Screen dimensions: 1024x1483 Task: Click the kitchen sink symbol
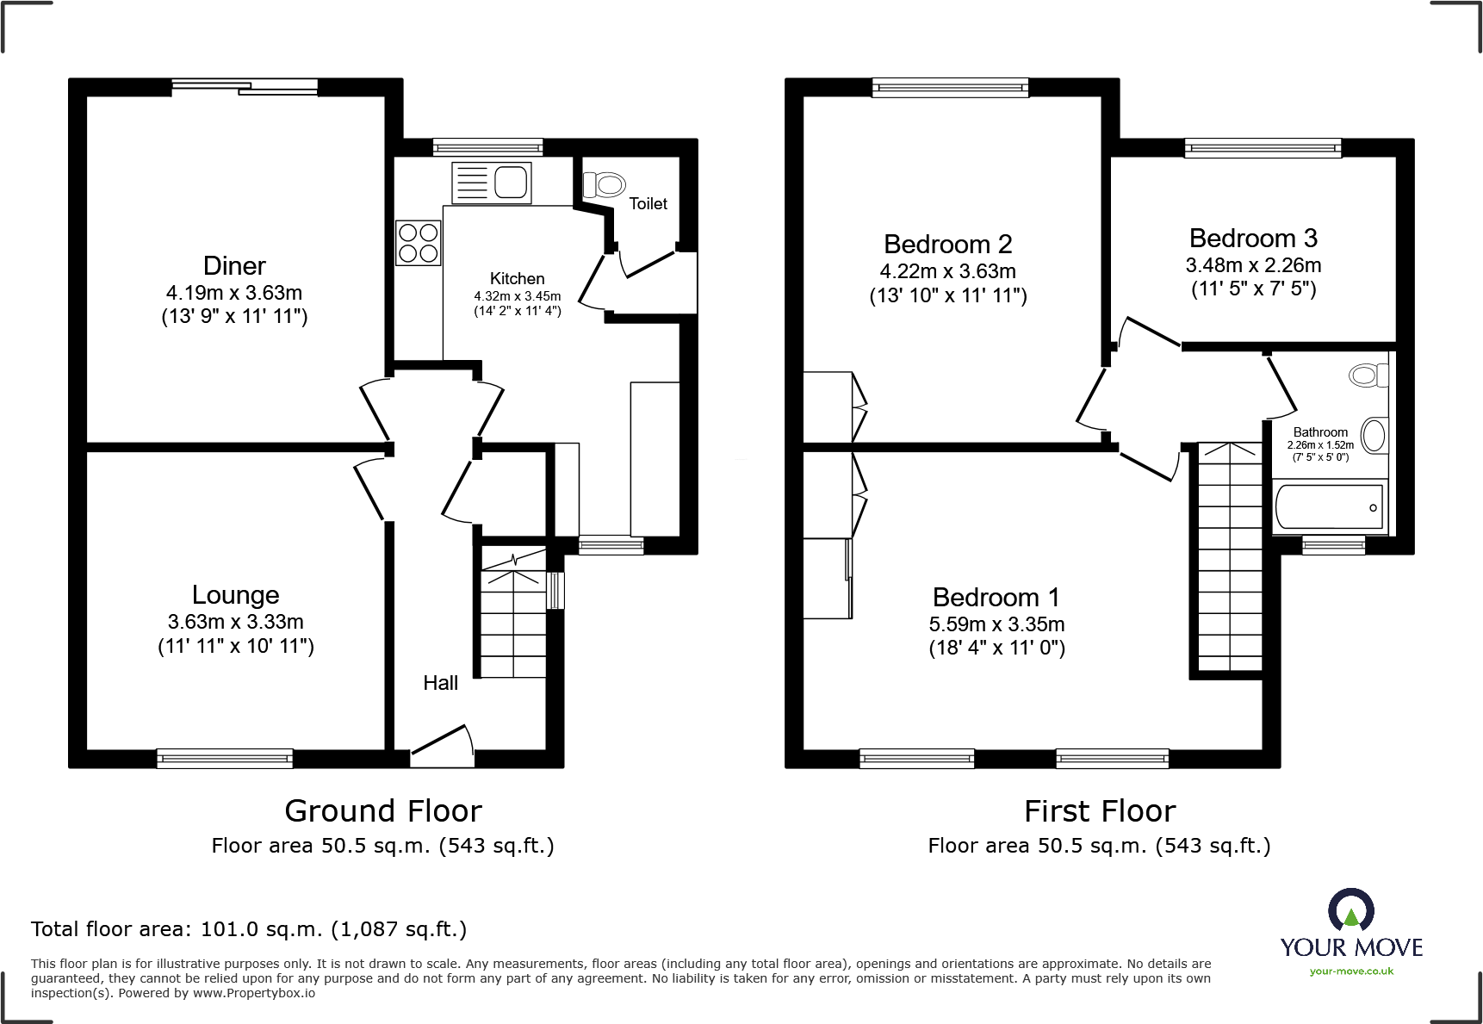tap(492, 183)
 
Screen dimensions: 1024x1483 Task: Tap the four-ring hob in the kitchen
tap(419, 242)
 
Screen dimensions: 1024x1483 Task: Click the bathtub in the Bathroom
tap(1329, 506)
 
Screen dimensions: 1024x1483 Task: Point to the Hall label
tap(440, 683)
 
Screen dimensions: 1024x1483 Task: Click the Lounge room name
tap(235, 595)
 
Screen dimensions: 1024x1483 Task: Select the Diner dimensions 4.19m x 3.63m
tap(234, 293)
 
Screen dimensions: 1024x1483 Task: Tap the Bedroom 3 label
tap(1253, 239)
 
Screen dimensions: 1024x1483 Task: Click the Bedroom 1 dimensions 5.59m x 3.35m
tap(996, 624)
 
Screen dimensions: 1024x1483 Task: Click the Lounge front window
tap(225, 759)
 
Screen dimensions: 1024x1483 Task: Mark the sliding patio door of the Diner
tap(245, 86)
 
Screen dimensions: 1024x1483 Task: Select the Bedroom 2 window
tap(950, 86)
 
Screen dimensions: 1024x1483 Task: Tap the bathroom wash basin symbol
tap(1374, 435)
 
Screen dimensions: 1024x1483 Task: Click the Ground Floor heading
tap(383, 811)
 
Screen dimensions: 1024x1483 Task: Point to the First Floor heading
tap(1099, 811)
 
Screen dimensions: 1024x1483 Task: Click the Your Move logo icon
tap(1350, 910)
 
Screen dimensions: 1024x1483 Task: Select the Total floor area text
tap(249, 929)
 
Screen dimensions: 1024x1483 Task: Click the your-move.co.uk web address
tap(1351, 971)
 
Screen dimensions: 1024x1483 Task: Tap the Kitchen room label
tap(517, 279)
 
